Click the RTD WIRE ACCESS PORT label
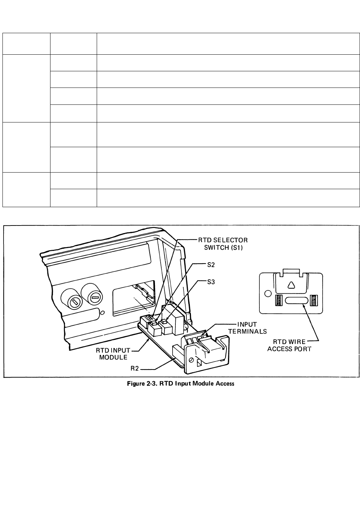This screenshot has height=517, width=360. [289, 345]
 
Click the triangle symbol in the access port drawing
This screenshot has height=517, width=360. [291, 285]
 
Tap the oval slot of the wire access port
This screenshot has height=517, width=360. [296, 301]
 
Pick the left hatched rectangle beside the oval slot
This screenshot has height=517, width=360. [278, 301]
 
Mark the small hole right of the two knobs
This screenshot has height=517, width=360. [102, 313]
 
